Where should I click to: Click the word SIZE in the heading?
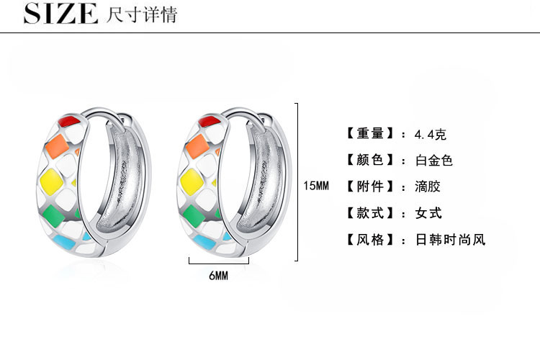pos(60,14)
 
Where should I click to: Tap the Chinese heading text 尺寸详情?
pos(140,14)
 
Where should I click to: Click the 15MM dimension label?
pos(315,186)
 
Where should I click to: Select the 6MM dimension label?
pos(218,275)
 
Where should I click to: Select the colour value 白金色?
pos(434,161)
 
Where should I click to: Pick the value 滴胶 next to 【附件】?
pos(428,186)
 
